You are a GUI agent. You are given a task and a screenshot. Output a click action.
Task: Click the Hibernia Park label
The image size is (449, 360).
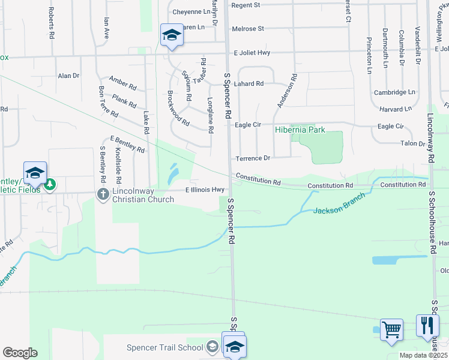coord(300,130)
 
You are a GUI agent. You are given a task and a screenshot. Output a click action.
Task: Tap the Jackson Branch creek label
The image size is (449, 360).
coord(338,211)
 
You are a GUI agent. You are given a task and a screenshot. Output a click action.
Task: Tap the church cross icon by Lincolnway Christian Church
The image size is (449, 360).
coord(103,194)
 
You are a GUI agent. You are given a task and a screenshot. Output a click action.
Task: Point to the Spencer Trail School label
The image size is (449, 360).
coord(165,347)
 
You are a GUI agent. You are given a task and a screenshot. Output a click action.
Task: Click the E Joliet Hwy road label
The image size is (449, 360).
coord(252,53)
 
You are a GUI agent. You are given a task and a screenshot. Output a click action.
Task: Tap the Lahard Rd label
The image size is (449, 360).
coord(249,84)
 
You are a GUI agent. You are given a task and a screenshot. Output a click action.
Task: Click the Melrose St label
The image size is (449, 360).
coord(248,29)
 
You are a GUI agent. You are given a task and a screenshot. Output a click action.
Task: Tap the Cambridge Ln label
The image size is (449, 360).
coord(394,92)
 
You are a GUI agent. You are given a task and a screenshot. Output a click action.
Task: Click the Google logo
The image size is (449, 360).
coord(20,353)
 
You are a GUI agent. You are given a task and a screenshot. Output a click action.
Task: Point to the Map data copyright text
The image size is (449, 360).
coord(424,355)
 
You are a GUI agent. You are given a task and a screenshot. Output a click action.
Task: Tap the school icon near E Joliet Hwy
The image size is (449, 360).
coord(171,35)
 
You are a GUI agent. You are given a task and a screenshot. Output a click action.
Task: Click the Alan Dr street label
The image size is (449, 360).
coord(68,76)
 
